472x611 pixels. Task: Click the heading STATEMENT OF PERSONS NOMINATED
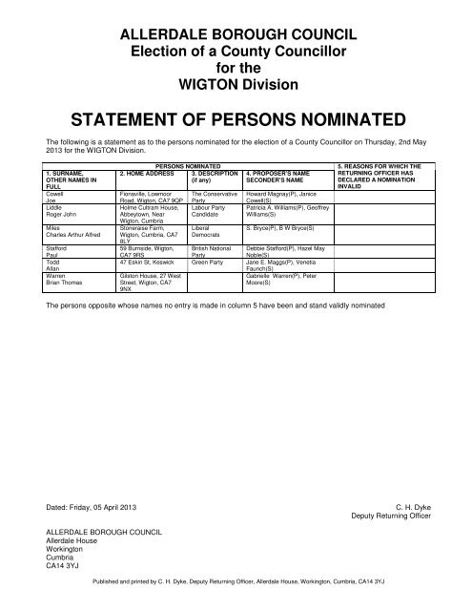click(236, 121)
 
